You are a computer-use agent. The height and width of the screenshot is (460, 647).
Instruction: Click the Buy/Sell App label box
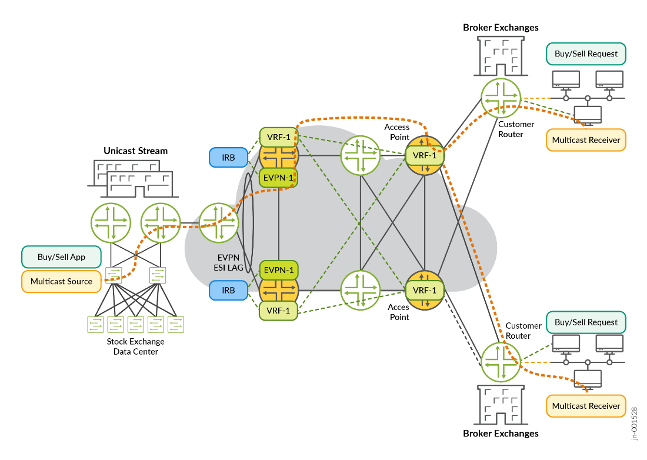61,257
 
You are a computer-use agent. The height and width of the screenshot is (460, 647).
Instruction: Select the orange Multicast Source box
61,281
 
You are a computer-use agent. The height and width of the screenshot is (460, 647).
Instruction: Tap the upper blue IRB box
229,157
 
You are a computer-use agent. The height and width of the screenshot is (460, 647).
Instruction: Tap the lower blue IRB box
229,290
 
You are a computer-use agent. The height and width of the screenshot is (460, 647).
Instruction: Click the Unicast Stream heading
136,151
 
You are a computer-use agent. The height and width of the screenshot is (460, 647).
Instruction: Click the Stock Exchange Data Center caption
136,346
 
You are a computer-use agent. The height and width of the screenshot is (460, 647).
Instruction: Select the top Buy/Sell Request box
586,54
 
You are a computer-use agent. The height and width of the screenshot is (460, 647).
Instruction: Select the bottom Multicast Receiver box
586,406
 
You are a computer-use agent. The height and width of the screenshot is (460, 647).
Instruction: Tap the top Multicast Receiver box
586,141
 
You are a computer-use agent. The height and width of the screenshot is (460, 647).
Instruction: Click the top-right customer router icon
501,97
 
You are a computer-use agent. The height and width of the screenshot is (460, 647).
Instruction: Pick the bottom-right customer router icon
501,361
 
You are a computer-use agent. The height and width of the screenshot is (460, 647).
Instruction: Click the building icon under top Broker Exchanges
500,55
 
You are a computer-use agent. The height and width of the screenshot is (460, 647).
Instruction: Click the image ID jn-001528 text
635,422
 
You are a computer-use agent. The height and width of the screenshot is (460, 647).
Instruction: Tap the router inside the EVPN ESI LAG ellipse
219,222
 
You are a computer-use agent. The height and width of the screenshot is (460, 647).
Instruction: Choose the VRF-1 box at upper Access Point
424,155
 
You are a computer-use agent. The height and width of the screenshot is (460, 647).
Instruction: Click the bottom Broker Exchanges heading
501,434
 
